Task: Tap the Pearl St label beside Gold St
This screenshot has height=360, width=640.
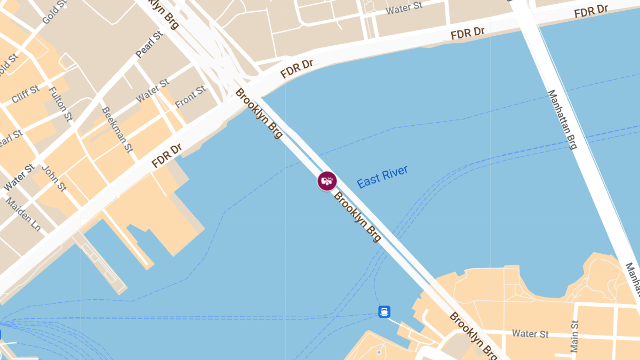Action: pyautogui.click(x=149, y=45)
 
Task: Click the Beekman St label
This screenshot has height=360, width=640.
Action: pyautogui.click(x=116, y=130)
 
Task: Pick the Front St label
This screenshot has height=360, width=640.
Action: pyautogui.click(x=190, y=97)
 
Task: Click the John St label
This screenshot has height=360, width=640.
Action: pyautogui.click(x=54, y=178)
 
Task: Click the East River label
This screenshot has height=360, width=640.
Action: pyautogui.click(x=382, y=177)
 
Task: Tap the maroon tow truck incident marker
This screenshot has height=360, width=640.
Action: pyautogui.click(x=327, y=181)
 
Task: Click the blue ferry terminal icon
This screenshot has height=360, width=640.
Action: pyautogui.click(x=385, y=311)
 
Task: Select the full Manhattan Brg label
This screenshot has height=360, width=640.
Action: pyautogui.click(x=563, y=119)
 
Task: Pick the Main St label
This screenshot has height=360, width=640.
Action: pyautogui.click(x=574, y=336)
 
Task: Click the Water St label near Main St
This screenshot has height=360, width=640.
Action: pyautogui.click(x=530, y=334)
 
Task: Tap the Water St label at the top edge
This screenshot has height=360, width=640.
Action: pyautogui.click(x=404, y=8)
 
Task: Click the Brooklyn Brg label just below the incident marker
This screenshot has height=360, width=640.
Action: pyautogui.click(x=357, y=217)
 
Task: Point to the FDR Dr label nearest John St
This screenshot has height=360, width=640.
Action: pyautogui.click(x=167, y=155)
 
